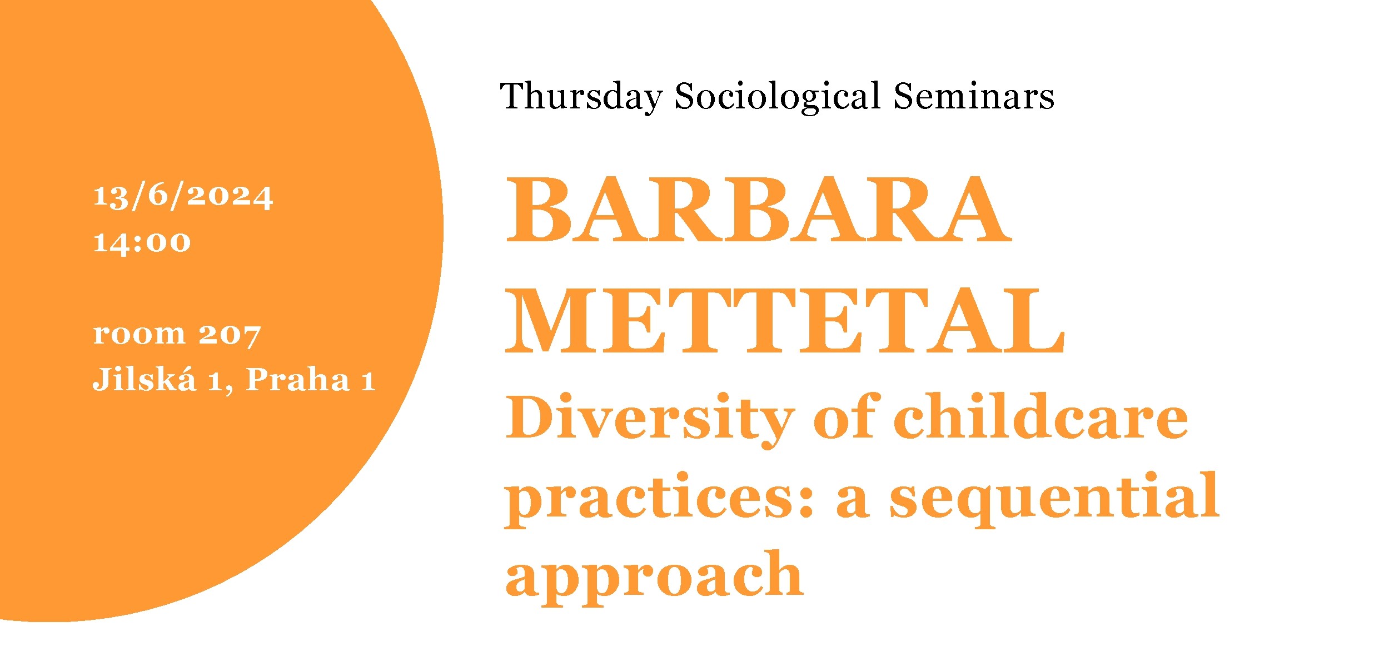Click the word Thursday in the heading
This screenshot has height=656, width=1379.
tap(581, 97)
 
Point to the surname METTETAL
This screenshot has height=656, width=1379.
tap(784, 321)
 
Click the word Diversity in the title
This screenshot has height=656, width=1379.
tap(650, 418)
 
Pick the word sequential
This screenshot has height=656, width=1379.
tap(1054, 496)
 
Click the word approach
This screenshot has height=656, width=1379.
tap(654, 575)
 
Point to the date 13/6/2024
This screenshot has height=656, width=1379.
tap(183, 197)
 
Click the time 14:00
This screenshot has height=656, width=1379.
tap(142, 242)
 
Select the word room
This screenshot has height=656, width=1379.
tap(139, 334)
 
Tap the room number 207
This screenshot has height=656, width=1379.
tap(230, 335)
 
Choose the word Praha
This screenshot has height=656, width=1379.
tap(298, 379)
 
